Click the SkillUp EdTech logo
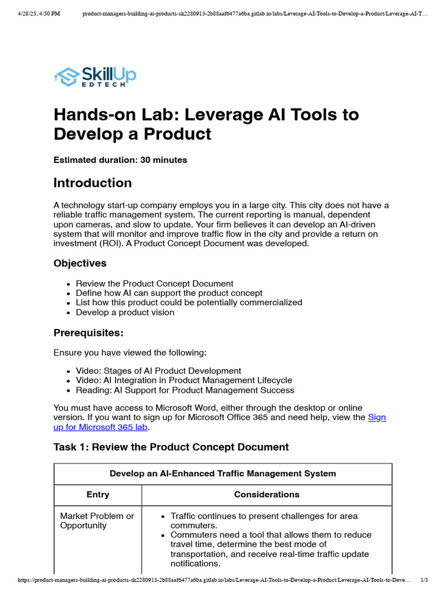tap(95, 77)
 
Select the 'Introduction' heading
tap(92, 183)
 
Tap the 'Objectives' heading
tap(80, 263)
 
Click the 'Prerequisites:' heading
tap(88, 333)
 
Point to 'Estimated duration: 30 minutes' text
tap(120, 160)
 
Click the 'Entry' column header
tap(98, 495)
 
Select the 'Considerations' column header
tap(267, 495)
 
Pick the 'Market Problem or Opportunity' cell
tap(97, 521)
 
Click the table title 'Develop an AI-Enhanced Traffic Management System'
tap(222, 474)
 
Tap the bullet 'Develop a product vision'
tap(125, 312)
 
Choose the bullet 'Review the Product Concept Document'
tap(154, 284)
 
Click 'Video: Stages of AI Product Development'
tap(158, 371)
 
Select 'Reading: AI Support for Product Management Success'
tap(185, 390)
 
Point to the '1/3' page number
tap(424, 580)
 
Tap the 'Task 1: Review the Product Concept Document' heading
tap(171, 447)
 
